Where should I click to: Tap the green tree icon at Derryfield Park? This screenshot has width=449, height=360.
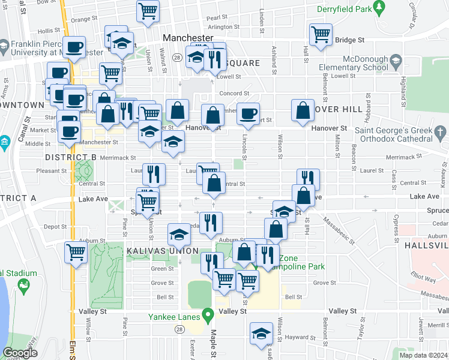(x=379, y=7)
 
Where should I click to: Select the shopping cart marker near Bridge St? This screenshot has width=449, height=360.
(x=321, y=34)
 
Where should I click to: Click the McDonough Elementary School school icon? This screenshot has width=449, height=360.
(x=396, y=61)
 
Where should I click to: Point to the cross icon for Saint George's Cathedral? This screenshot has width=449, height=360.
(x=439, y=132)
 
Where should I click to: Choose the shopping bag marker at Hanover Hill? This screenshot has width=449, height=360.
(x=302, y=110)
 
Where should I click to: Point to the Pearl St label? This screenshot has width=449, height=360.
(x=217, y=18)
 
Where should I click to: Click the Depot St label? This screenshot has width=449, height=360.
(x=55, y=227)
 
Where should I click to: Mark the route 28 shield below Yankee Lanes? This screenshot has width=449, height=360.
(x=179, y=329)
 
